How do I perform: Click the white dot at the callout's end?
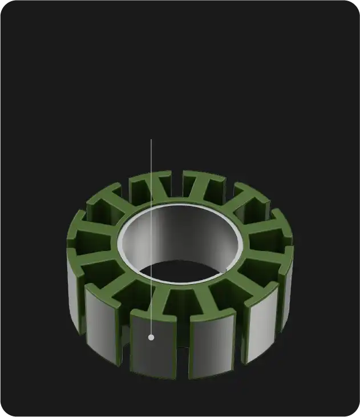pyautogui.click(x=151, y=337)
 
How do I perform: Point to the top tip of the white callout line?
pyautogui.click(x=151, y=140)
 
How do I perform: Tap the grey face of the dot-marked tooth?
pyautogui.click(x=153, y=348)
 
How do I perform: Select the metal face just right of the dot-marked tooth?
pyautogui.click(x=212, y=345)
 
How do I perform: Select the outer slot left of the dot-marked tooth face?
pyautogui.click(x=125, y=342)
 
